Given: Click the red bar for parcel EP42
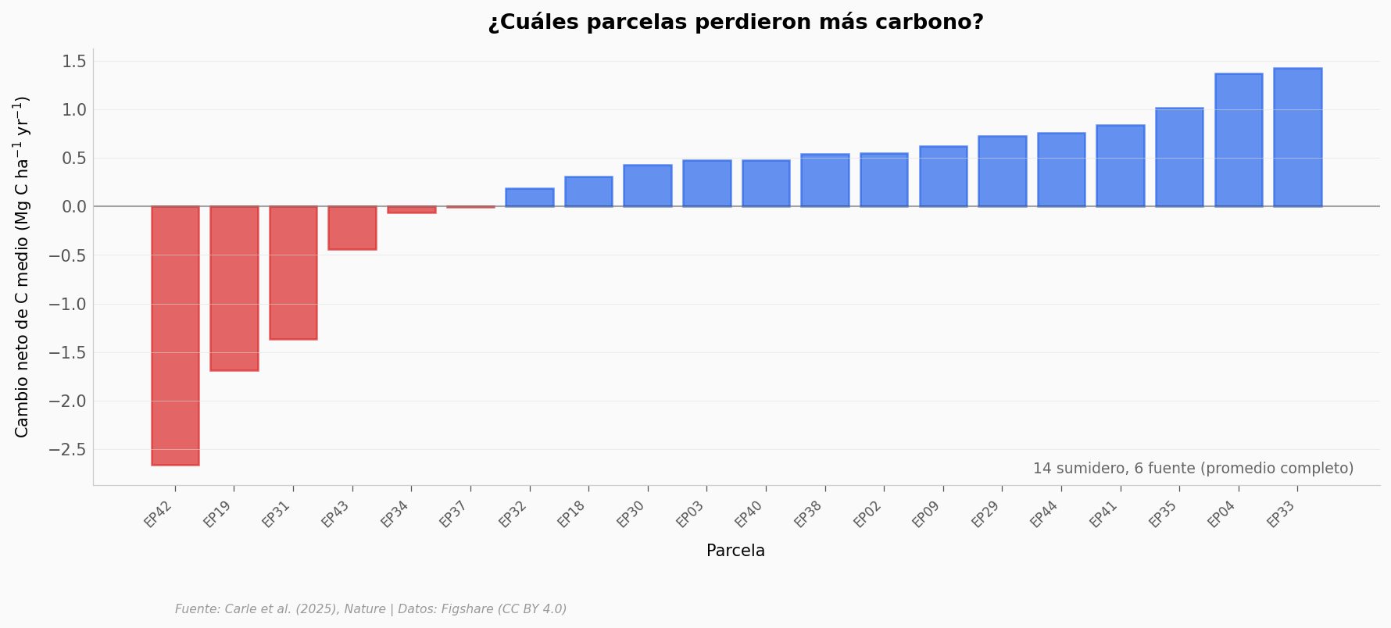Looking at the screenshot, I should (x=175, y=335).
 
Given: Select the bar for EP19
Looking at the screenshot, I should (x=234, y=288).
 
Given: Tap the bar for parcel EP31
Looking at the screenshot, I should (x=293, y=273).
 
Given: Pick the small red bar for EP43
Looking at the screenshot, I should (x=352, y=228).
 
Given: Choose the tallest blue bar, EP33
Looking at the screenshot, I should (x=1297, y=137).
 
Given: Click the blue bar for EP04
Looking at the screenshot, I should (x=1238, y=140).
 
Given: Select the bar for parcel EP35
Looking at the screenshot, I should (x=1179, y=157).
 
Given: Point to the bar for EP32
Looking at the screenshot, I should (x=529, y=198).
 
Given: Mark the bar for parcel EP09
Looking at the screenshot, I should (x=943, y=177).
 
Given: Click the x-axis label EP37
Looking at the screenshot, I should (x=454, y=514).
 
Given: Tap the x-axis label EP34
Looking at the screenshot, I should (x=395, y=514).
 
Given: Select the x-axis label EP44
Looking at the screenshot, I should (x=1045, y=514).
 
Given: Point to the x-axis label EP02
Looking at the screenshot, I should (x=867, y=514).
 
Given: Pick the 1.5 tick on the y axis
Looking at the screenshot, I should (x=73, y=62).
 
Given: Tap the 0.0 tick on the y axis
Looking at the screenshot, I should (x=73, y=207).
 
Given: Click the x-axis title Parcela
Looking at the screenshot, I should (x=735, y=551).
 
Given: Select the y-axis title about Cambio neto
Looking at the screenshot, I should (x=22, y=266).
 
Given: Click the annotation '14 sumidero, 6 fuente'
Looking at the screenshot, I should (x=1193, y=469).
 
